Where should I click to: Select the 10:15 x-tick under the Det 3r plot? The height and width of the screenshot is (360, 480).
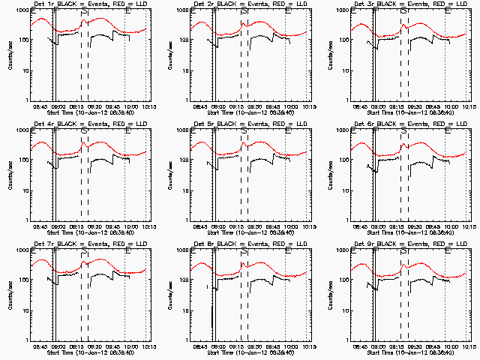tap(466, 106)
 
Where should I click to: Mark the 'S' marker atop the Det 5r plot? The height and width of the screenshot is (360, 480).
tap(244, 130)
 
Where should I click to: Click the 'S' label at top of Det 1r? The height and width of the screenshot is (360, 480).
tap(85, 10)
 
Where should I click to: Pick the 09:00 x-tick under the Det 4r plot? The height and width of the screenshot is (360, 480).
tap(57, 226)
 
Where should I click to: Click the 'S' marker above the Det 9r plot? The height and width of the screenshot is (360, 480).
tap(404, 250)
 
